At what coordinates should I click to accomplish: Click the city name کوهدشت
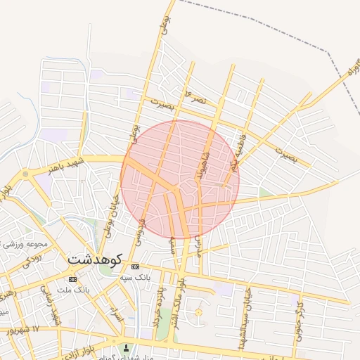95,259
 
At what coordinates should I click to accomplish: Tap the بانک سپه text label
136,277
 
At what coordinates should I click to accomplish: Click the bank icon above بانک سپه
136,267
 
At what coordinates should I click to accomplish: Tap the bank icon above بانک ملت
73,280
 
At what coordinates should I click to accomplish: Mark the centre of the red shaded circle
180,179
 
